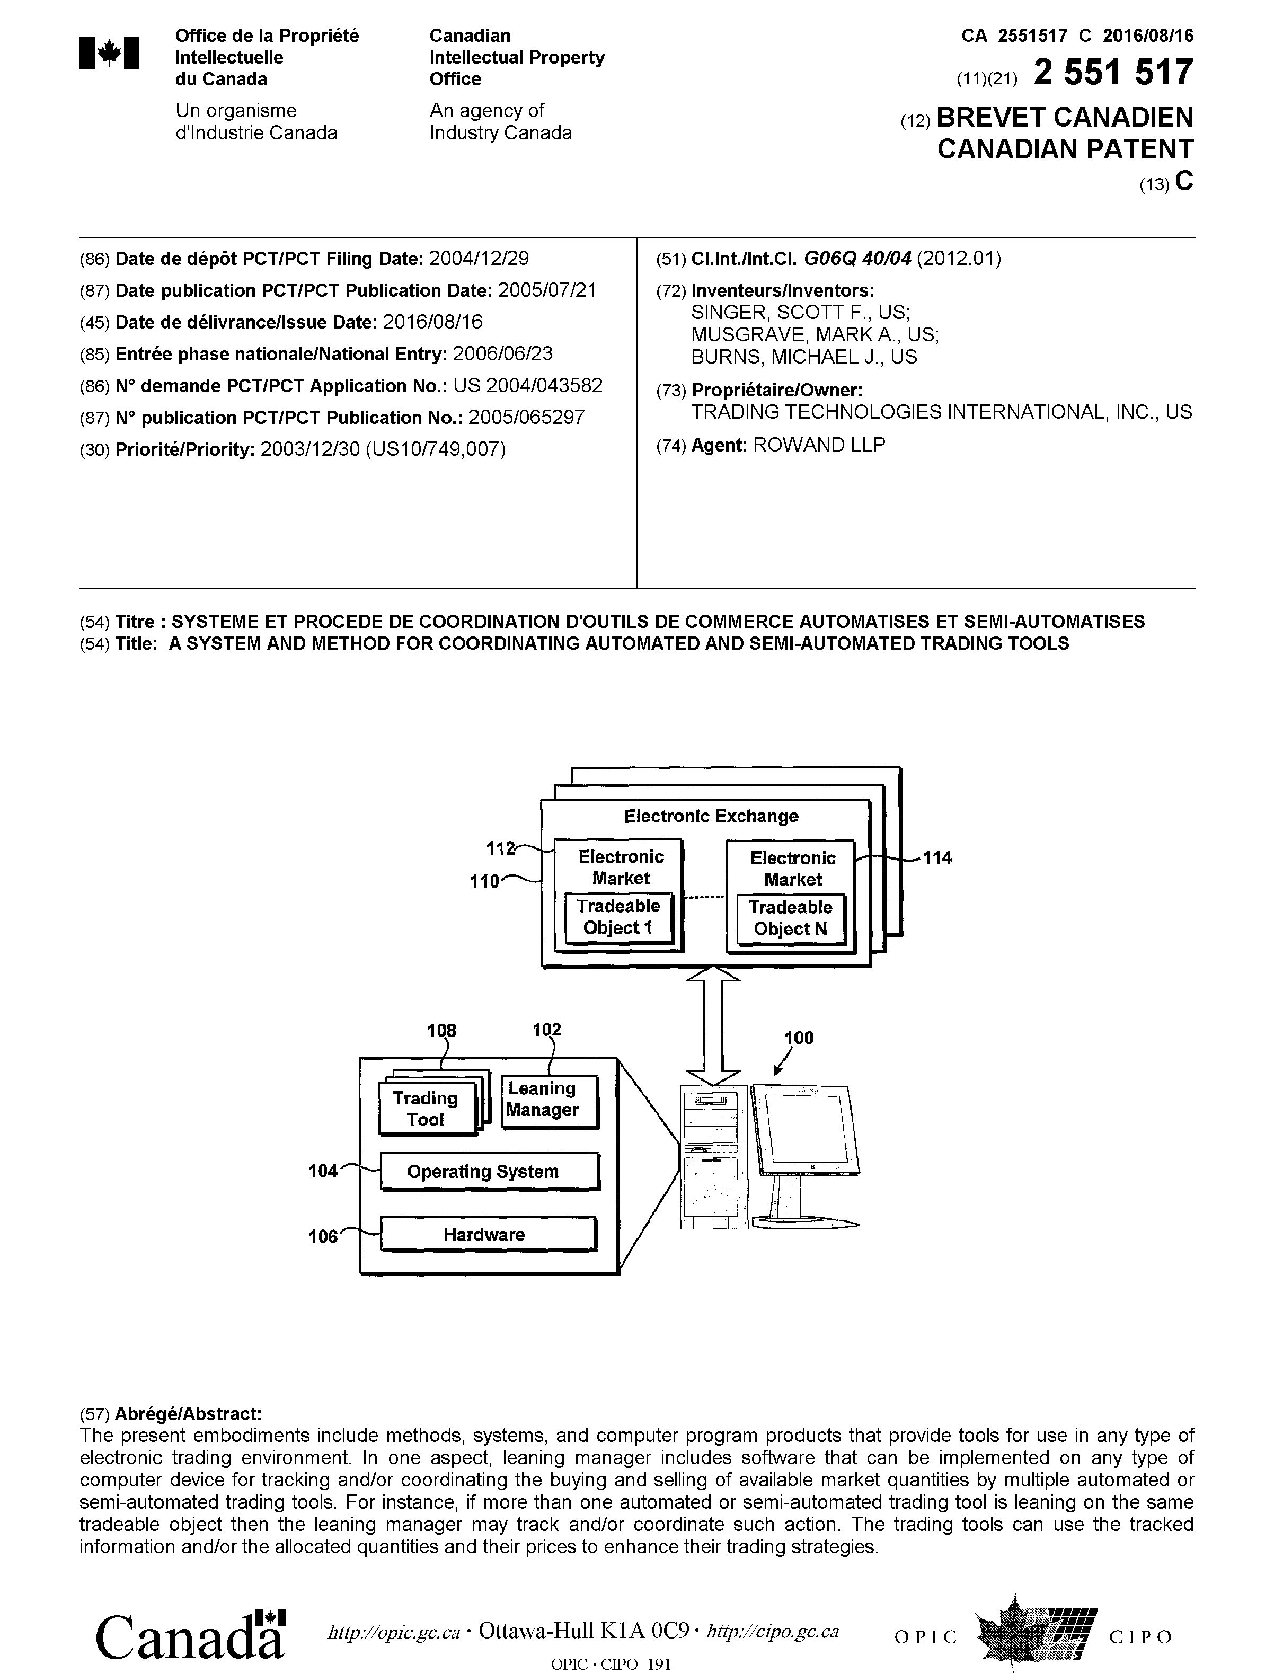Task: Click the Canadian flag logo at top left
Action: (109, 53)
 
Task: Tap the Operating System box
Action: (489, 1172)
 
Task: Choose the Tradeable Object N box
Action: (790, 918)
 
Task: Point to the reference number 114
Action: (937, 858)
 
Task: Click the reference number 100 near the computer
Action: (799, 1038)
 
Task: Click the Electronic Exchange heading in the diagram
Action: (711, 816)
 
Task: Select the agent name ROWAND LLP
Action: (818, 445)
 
